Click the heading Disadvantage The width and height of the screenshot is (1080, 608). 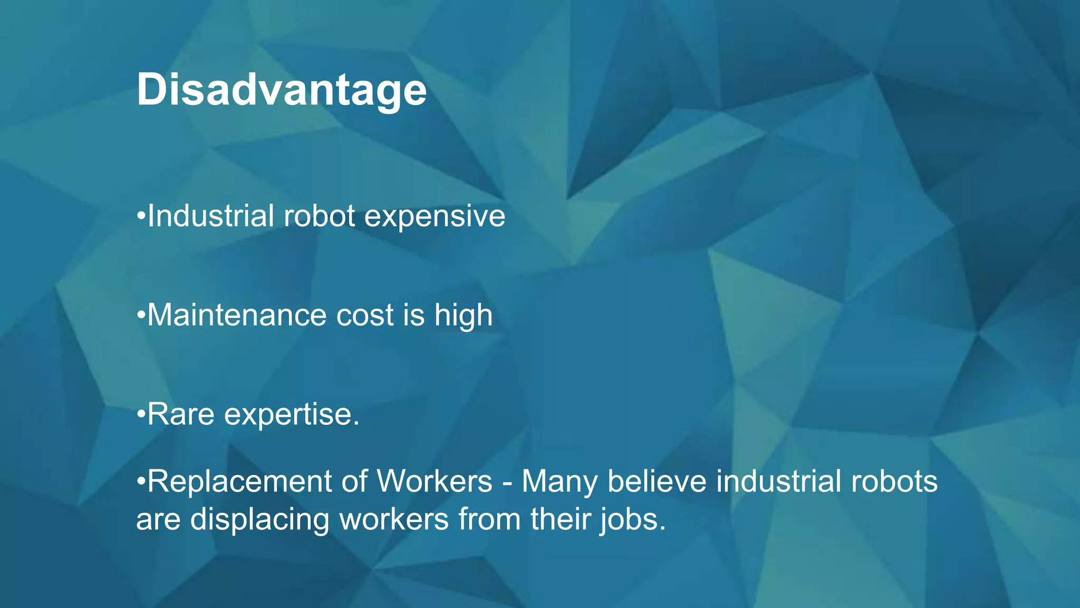tap(281, 90)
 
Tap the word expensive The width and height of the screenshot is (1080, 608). tap(435, 216)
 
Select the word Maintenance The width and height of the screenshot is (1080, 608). tap(237, 315)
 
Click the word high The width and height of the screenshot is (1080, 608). tap(463, 315)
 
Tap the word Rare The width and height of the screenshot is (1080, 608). tap(181, 414)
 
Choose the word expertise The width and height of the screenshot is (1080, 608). tap(291, 414)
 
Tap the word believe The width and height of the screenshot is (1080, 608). tap(657, 481)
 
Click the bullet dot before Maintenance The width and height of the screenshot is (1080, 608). tap(140, 316)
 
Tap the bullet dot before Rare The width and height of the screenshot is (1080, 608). tap(140, 415)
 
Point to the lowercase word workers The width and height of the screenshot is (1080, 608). tap(393, 519)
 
